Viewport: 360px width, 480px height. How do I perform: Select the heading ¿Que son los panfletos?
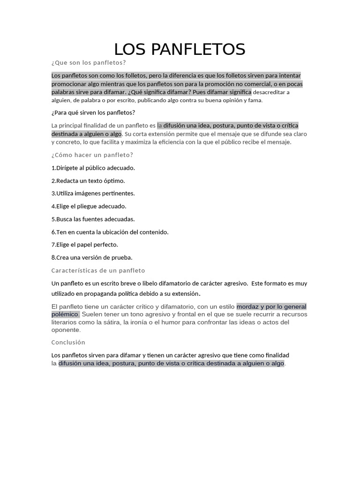click(89, 62)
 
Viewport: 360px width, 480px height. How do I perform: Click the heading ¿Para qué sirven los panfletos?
click(93, 112)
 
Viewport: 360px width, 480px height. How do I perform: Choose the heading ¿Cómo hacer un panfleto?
click(92, 155)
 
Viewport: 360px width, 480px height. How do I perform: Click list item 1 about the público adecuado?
click(93, 168)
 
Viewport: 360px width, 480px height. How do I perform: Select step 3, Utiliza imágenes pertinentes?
click(93, 193)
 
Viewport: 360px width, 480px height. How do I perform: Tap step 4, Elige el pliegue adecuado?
click(89, 206)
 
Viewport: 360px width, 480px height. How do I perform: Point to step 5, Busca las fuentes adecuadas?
click(93, 219)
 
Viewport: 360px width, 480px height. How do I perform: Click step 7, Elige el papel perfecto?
click(84, 244)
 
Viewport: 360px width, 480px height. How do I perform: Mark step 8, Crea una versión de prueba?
click(92, 257)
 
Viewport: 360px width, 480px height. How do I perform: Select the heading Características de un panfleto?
click(98, 270)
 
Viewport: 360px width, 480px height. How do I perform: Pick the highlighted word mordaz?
click(247, 307)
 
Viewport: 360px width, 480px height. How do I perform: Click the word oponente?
click(66, 330)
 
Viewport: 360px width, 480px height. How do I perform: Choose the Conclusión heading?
click(68, 342)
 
